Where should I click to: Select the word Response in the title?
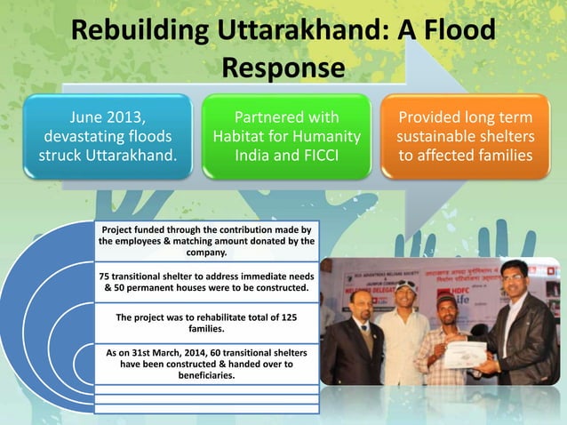[283, 68]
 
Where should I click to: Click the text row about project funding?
[206, 241]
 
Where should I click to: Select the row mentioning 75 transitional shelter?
[206, 282]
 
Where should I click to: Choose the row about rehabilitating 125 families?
[206, 323]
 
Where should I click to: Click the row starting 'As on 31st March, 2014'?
[206, 364]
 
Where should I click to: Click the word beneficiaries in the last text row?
[207, 375]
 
